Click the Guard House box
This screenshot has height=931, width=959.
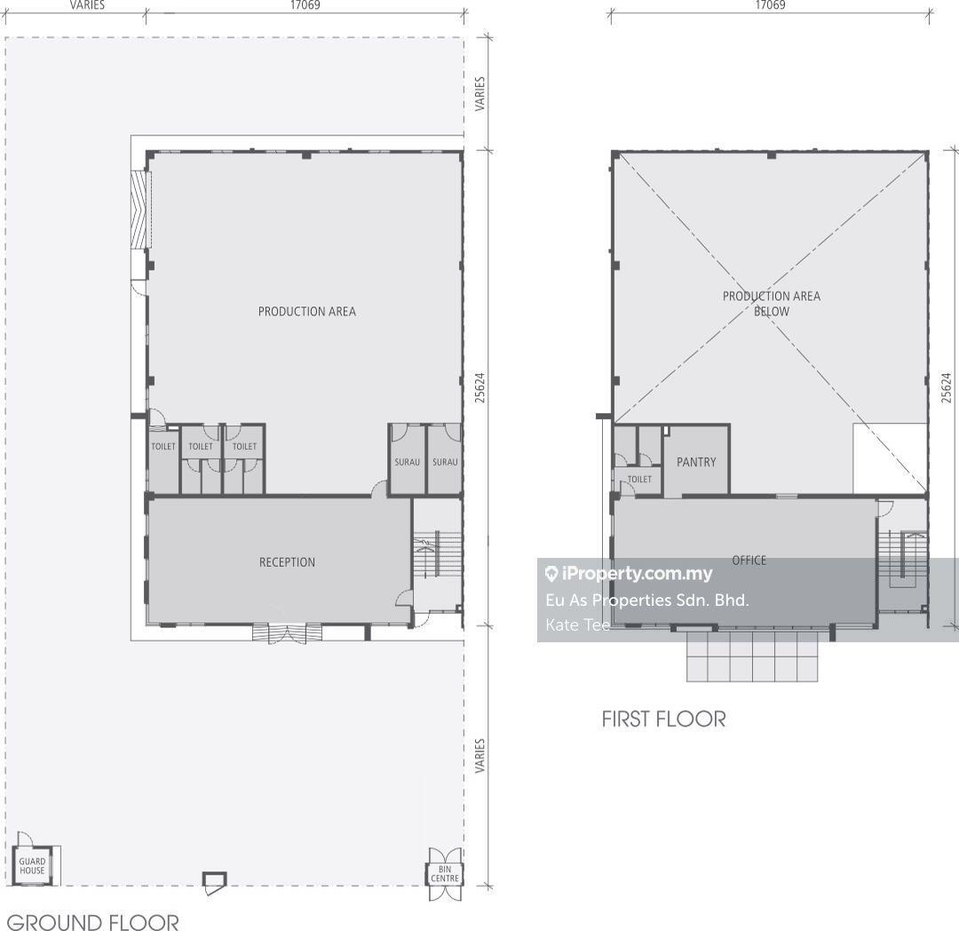click(32, 865)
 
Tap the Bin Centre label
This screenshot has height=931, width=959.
click(445, 873)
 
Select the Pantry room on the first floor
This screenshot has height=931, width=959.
click(697, 459)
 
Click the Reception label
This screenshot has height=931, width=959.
click(287, 562)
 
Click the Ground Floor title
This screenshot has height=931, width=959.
click(92, 922)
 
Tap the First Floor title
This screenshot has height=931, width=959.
click(663, 719)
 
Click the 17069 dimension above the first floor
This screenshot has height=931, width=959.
click(770, 5)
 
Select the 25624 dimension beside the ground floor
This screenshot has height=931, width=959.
click(480, 388)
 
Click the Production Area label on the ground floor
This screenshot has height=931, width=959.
click(307, 311)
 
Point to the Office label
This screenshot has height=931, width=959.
click(749, 560)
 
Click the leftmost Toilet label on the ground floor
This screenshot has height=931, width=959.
click(163, 447)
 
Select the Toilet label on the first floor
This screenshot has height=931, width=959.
click(639, 479)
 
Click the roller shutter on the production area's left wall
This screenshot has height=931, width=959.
click(140, 209)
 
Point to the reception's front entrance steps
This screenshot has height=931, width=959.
click(288, 633)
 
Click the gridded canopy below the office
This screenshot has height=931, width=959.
click(752, 656)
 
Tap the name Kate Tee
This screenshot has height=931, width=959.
click(577, 625)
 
